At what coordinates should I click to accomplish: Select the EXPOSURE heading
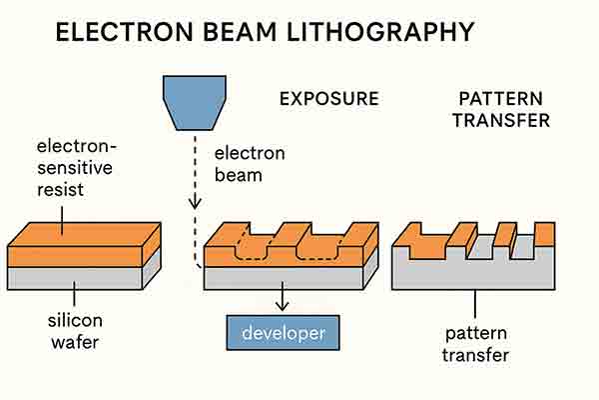coord(328,99)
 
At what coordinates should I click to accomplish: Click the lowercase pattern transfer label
coord(477,343)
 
